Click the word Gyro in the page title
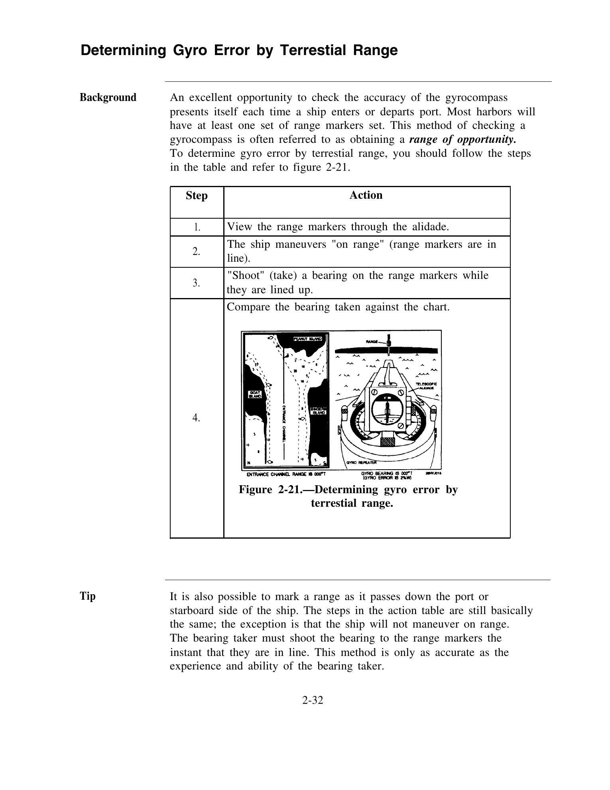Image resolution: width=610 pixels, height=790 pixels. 189,51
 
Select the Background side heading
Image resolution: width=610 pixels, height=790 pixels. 108,98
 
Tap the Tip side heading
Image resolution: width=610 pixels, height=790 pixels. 88,596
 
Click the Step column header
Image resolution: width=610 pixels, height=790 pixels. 197,196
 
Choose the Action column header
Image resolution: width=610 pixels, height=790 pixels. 366,195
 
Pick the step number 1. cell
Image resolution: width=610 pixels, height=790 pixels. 197,227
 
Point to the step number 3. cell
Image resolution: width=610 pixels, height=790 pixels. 196,283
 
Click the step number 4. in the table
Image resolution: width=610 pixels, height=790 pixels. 196,418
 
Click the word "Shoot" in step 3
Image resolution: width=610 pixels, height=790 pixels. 246,276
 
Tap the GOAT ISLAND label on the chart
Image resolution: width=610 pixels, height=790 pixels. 255,394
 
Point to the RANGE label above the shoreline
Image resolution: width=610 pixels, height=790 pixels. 372,342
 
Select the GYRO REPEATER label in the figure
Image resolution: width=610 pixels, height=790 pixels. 361,462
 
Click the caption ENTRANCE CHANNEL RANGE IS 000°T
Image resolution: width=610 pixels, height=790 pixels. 286,474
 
